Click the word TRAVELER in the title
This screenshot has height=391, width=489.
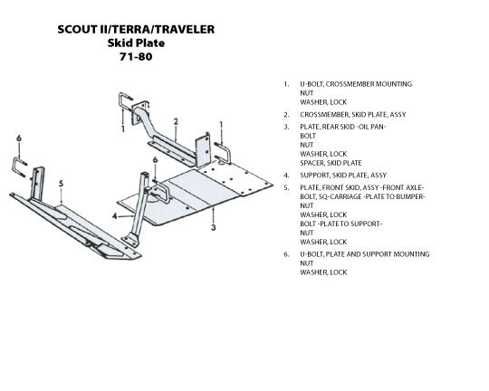185,29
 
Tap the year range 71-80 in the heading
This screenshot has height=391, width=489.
136,57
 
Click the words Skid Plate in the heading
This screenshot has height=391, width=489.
136,43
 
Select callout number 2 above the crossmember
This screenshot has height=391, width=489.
176,121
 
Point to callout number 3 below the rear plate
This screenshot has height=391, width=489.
214,227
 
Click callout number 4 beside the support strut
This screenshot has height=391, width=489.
115,215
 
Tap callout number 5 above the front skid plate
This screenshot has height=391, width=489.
62,184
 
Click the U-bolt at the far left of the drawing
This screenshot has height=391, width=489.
19,167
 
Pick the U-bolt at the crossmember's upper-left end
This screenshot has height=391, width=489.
124,101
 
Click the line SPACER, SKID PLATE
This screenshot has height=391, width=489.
331,163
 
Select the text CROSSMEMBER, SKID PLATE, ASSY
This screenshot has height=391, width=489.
353,115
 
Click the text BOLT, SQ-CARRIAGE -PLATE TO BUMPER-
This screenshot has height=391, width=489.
362,196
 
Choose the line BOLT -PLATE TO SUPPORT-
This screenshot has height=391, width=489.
341,224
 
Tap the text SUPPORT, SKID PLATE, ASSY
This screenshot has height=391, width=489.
343,176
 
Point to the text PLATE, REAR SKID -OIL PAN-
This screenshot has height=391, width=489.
343,127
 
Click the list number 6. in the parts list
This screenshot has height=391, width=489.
286,254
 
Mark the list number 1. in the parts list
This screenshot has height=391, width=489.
286,84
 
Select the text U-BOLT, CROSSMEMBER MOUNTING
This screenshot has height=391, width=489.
356,84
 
